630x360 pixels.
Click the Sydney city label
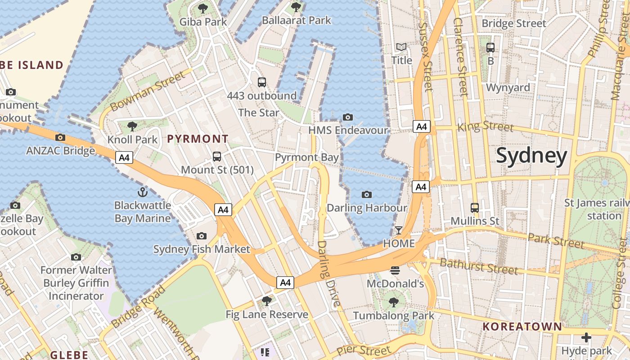[x=531, y=156]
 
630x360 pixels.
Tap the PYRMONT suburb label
[x=198, y=139]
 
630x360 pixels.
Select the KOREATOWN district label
[x=522, y=327]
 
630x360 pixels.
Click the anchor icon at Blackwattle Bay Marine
[x=142, y=192]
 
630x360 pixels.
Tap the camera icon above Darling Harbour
[x=367, y=194]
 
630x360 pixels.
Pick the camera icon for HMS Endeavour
[x=348, y=117]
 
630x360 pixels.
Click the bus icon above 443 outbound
[x=262, y=82]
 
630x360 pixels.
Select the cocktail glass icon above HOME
[x=399, y=230]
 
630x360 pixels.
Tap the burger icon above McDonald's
[x=395, y=270]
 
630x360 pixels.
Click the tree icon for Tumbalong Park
[x=394, y=302]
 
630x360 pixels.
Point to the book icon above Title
[x=401, y=47]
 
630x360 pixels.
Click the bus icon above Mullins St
[x=475, y=207]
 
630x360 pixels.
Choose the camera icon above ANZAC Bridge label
[x=60, y=137]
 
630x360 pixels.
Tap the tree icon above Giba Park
[x=203, y=8]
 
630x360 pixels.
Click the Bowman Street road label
[x=148, y=91]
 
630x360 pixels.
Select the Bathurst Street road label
[x=479, y=266]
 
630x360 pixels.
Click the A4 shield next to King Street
[x=422, y=126]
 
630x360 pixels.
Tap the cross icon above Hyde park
[x=586, y=337]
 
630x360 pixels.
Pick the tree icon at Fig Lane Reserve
[x=267, y=301]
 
